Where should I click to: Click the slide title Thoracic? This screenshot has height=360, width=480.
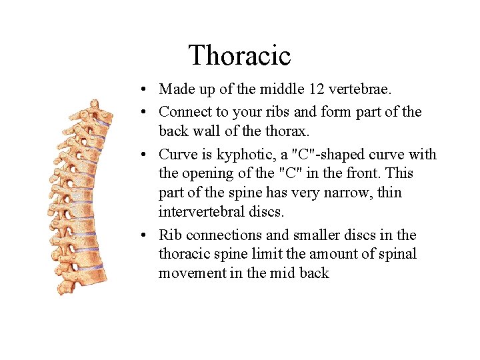(x=239, y=55)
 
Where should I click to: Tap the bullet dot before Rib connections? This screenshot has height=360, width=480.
(x=145, y=236)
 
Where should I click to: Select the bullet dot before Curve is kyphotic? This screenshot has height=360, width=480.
(x=145, y=155)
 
